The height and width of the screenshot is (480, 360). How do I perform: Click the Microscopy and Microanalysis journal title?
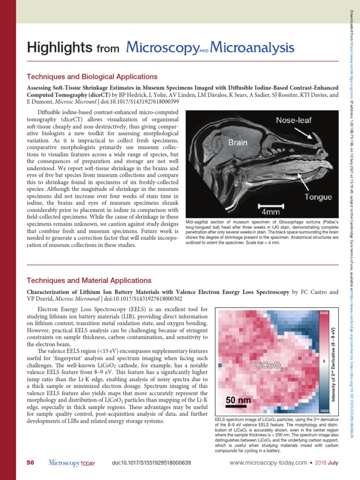click(x=210, y=47)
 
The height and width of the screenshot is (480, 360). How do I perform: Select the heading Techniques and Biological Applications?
click(x=92, y=76)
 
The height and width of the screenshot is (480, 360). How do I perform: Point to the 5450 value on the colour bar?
click(x=324, y=313)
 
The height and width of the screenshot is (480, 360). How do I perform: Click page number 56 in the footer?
click(x=30, y=463)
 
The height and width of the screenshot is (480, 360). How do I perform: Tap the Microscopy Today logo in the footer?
click(x=72, y=463)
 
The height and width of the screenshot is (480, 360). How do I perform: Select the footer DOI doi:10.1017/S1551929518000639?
click(x=152, y=463)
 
